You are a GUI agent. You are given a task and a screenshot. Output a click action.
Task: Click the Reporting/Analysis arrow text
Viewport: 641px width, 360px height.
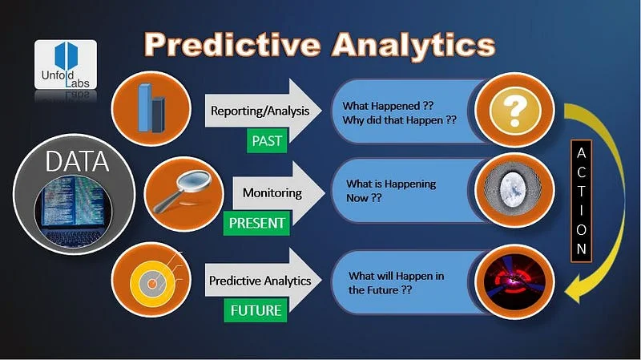pyautogui.click(x=258, y=111)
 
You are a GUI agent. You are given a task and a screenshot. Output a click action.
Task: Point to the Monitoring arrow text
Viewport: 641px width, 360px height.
pyautogui.click(x=272, y=192)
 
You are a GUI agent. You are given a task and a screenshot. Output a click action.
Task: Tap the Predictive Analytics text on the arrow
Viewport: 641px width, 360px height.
pyautogui.click(x=260, y=281)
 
